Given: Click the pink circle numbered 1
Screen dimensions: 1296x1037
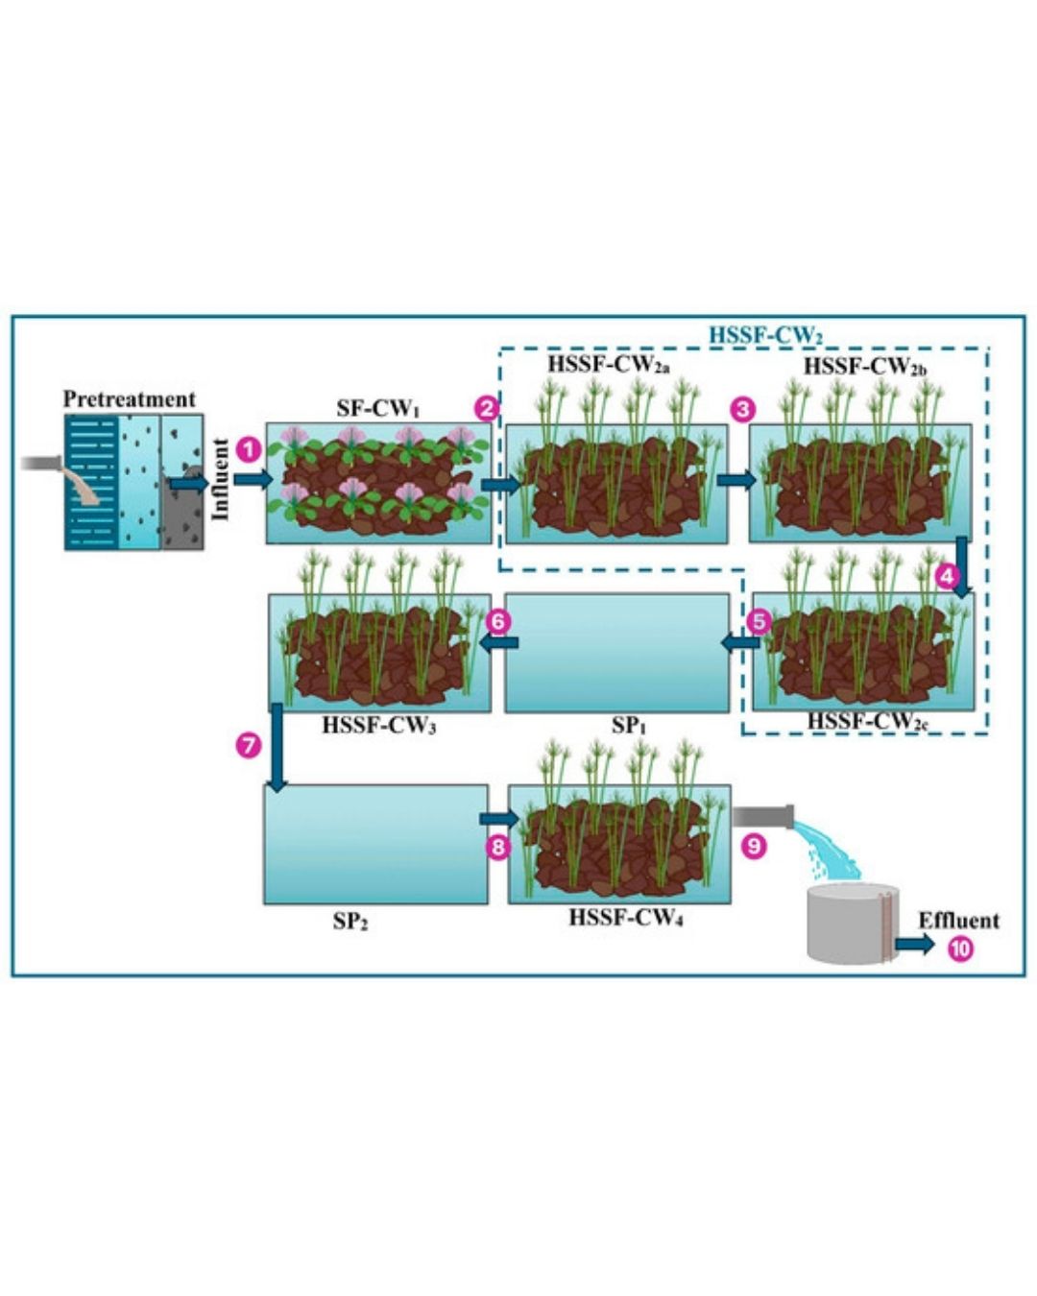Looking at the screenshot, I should coord(249,448).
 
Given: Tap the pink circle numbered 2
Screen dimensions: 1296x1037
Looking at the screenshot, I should coord(487,408).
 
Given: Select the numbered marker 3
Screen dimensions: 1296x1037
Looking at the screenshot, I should coord(742,409).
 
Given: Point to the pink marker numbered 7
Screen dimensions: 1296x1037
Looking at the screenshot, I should coord(249,745).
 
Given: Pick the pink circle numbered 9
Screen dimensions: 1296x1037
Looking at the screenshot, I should coord(756,846).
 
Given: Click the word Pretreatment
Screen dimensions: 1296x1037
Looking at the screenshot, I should coord(129,398).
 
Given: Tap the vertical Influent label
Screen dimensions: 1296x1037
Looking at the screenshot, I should coord(221,480).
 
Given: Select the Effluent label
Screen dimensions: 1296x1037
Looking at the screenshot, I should coord(958,921).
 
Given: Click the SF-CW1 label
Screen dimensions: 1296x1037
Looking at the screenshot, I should coord(378,408).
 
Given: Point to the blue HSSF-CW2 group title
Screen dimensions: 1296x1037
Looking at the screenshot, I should coord(765,336).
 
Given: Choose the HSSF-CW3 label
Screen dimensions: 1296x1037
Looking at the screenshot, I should coord(379,727).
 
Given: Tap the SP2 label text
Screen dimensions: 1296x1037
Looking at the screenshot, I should coord(350,922).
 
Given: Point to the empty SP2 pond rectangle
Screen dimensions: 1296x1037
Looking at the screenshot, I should coord(375,845).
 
